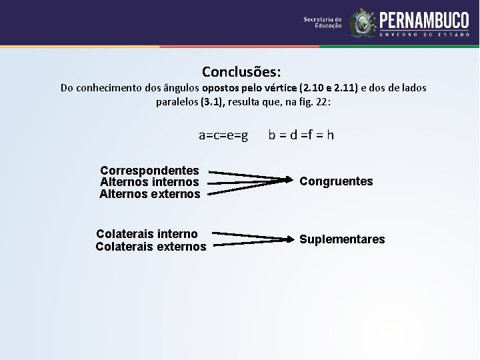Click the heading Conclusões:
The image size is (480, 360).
tap(241, 71)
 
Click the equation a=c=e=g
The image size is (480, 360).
tap(223, 135)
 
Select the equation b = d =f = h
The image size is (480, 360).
tap(301, 135)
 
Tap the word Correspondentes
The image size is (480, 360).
tap(149, 171)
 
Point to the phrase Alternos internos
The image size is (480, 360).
tap(149, 182)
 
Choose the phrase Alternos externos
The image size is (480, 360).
tap(150, 194)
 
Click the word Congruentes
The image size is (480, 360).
tap(336, 181)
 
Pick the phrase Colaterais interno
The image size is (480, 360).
tap(147, 234)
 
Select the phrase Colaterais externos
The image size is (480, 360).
tap(151, 247)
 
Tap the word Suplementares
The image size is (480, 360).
tap(342, 239)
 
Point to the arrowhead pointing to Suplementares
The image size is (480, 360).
tap(288, 239)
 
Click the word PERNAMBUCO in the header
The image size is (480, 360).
tap(424, 19)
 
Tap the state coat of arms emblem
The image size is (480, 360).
tap(363, 23)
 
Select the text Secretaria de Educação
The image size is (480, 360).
tap(323, 23)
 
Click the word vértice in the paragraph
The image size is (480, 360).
tap(281, 88)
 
